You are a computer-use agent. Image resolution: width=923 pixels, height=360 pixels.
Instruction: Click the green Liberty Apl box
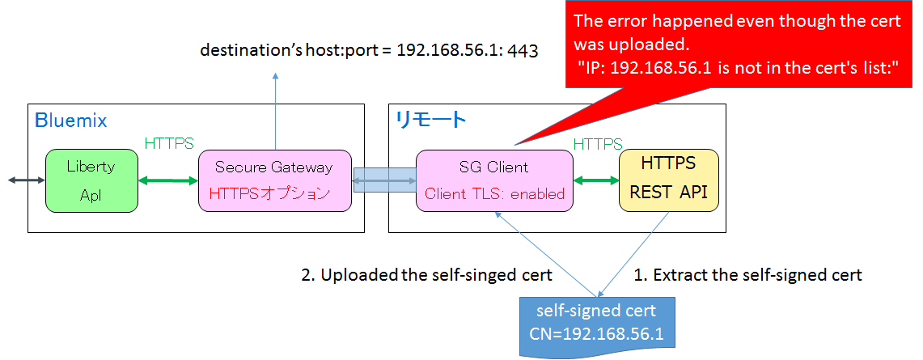[91, 180]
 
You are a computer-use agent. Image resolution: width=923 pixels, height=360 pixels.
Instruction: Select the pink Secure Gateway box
[275, 180]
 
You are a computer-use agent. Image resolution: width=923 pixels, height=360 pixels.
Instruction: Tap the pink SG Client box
[494, 180]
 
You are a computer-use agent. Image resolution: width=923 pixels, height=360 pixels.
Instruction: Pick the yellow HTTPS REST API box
[668, 180]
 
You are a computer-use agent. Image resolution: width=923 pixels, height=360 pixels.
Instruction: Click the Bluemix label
[70, 121]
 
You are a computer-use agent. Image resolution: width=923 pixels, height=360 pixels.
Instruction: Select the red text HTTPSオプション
[269, 194]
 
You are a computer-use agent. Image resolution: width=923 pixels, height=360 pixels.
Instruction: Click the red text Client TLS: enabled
[494, 194]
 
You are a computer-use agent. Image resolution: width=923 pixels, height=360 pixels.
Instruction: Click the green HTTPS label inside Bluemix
[169, 143]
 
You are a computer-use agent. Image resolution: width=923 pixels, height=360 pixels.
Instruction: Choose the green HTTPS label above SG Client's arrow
[597, 143]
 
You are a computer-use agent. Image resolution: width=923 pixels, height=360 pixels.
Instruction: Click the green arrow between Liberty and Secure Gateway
[168, 180]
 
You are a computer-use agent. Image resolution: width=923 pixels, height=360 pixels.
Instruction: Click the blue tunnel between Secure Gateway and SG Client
[384, 180]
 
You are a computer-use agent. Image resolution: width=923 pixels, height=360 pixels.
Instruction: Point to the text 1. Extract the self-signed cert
[747, 275]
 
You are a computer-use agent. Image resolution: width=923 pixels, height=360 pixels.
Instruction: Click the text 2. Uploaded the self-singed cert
[426, 275]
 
